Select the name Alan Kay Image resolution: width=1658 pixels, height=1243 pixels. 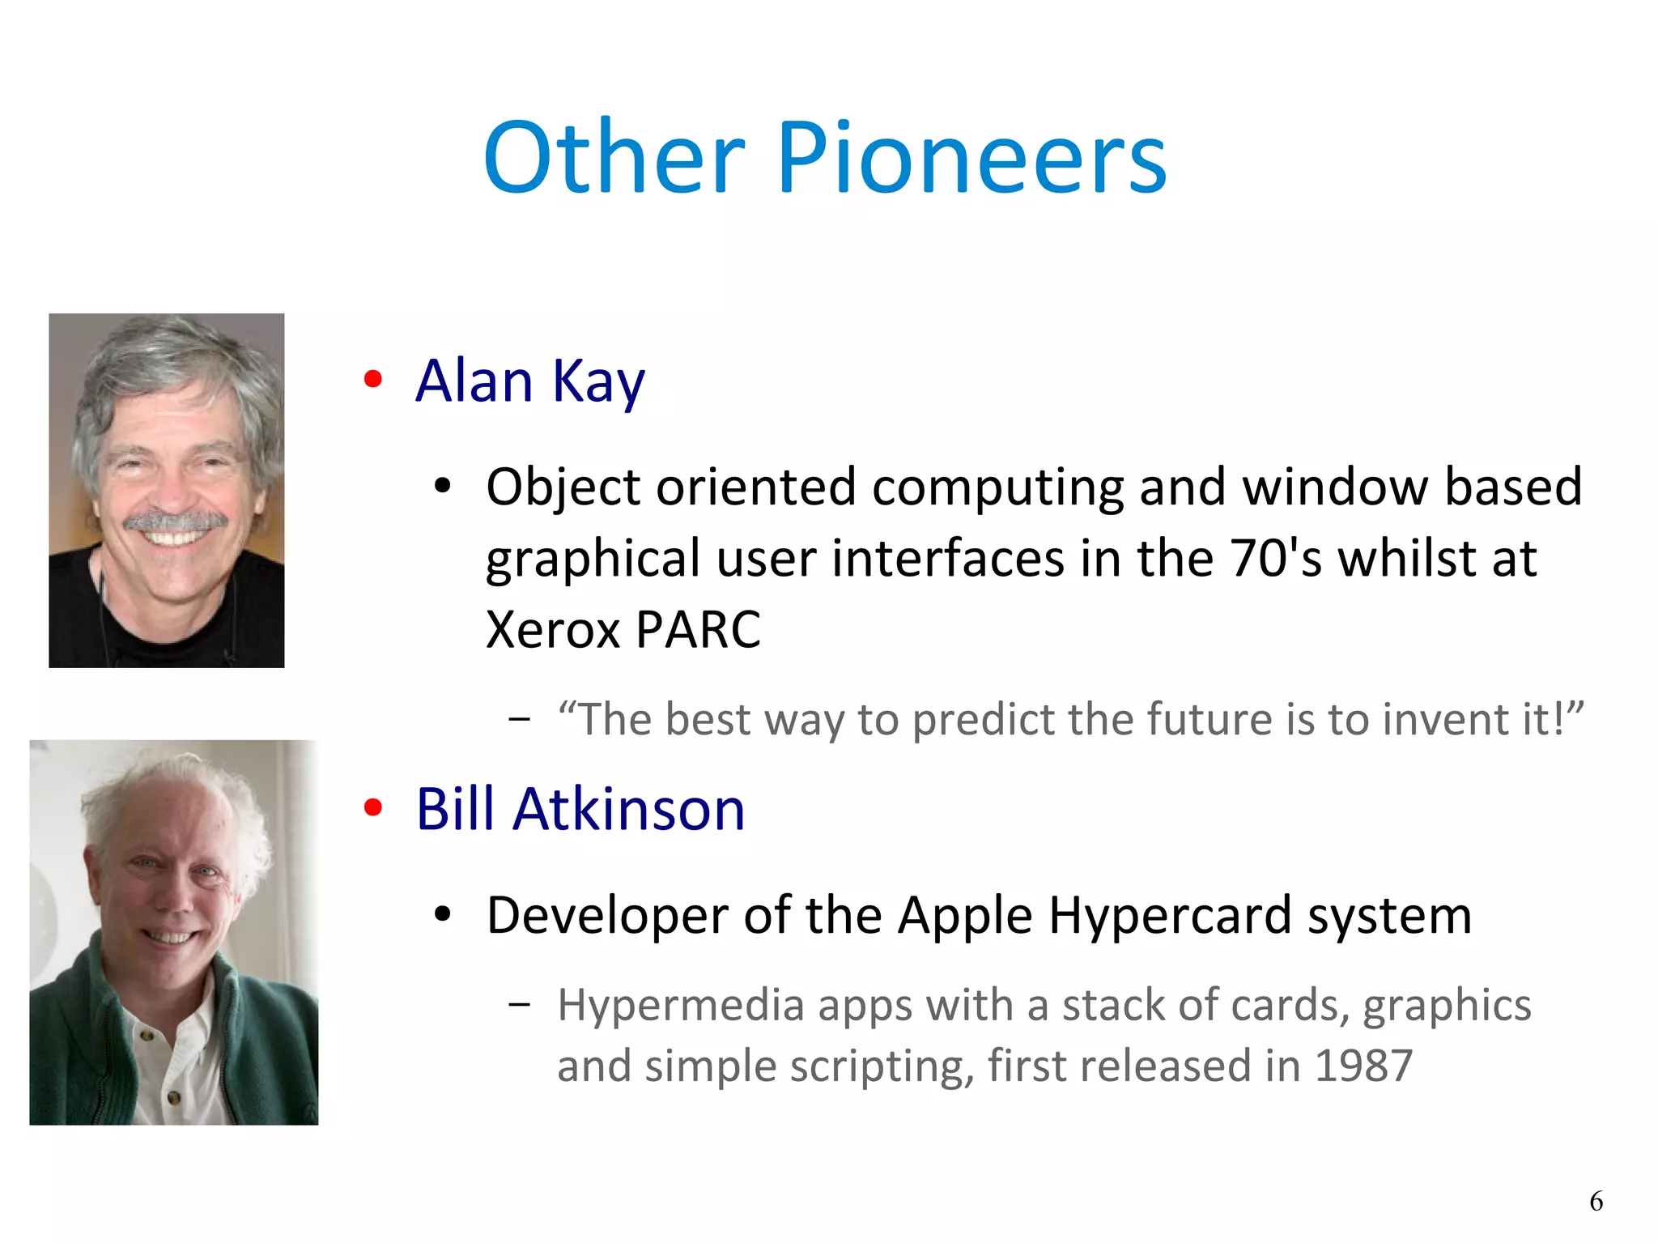(x=530, y=381)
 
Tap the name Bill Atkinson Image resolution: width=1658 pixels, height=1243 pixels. (x=580, y=809)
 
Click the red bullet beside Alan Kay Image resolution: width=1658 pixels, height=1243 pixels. (x=372, y=379)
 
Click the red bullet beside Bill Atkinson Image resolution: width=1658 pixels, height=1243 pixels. (x=372, y=807)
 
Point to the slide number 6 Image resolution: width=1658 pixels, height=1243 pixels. (x=1596, y=1200)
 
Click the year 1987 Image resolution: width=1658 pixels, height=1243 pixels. (x=1363, y=1066)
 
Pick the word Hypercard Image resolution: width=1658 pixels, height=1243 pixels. (x=1169, y=916)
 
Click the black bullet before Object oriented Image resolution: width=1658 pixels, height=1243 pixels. (x=442, y=486)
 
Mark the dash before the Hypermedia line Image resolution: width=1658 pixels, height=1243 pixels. (x=519, y=1005)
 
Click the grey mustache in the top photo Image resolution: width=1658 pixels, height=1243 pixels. (x=174, y=520)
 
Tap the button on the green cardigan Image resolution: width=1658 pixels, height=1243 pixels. (x=147, y=1035)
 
